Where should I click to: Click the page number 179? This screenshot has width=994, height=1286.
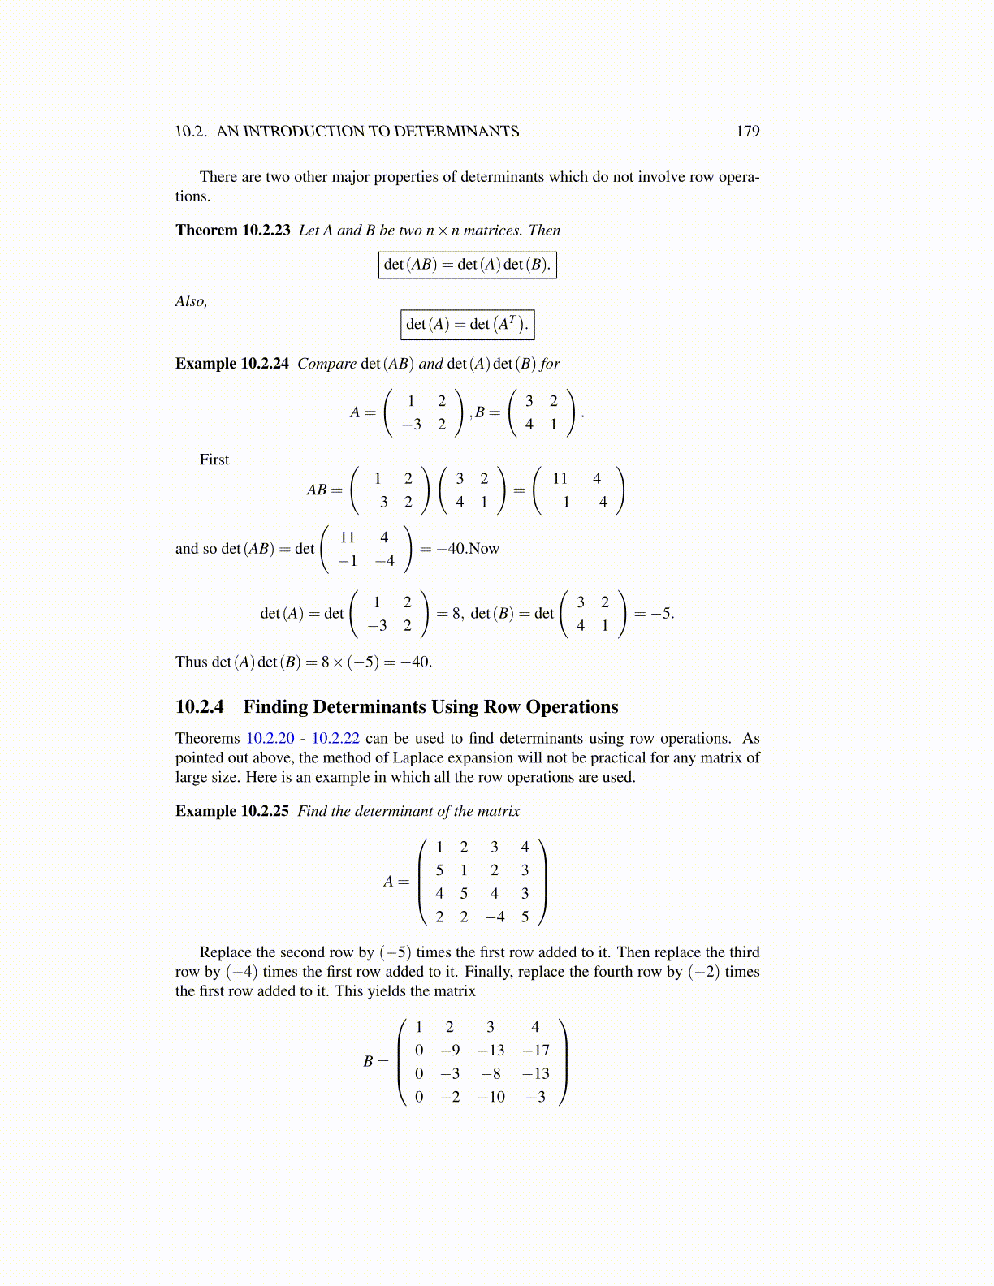[x=747, y=132]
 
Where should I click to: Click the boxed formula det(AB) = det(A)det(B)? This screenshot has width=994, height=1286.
[x=467, y=265]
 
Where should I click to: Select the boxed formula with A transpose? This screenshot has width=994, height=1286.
[x=467, y=325]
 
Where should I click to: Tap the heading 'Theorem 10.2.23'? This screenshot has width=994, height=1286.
[x=232, y=231]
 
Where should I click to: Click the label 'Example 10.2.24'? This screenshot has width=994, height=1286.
[x=231, y=364]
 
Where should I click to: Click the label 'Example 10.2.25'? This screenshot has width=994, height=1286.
[x=231, y=812]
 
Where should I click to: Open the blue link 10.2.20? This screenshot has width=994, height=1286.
[x=270, y=739]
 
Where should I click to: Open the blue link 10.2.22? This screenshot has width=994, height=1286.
[x=335, y=739]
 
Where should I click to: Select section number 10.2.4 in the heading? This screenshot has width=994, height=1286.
[x=200, y=707]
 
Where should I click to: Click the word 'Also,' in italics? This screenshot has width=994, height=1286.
[x=191, y=302]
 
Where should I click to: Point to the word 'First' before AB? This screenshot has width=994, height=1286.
[x=214, y=460]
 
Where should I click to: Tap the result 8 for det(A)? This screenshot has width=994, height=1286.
[x=456, y=614]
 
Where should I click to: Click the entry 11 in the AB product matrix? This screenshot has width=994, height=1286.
[x=560, y=479]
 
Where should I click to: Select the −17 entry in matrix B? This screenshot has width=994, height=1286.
[x=536, y=1051]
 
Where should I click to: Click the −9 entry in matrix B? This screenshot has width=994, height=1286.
[x=450, y=1051]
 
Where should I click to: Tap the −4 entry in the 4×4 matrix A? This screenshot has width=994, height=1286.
[x=495, y=917]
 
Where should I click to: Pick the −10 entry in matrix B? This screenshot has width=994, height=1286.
[x=491, y=1098]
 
